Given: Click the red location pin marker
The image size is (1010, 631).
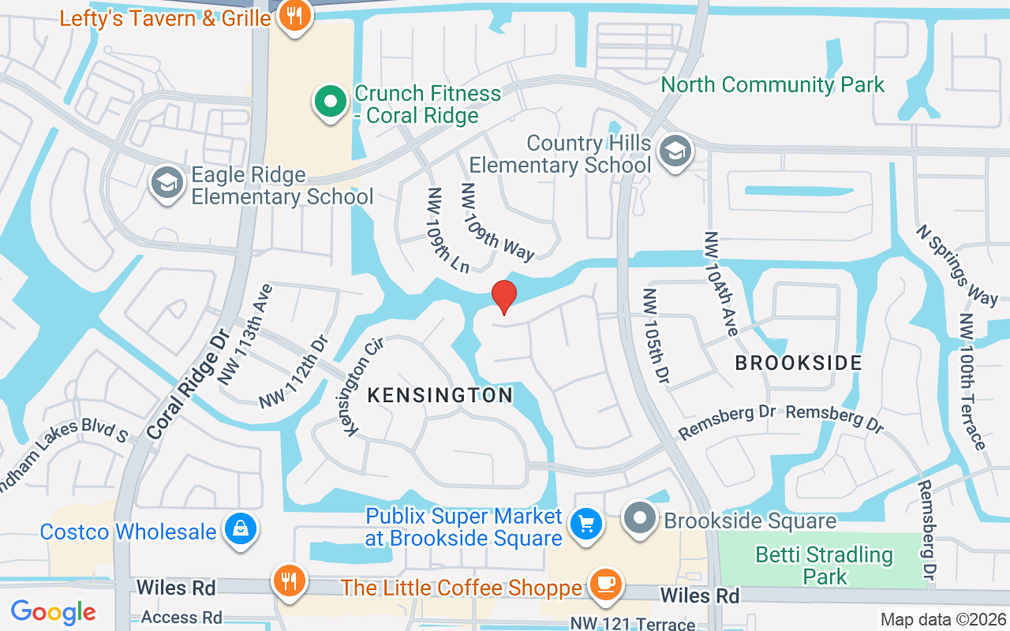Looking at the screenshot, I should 503,297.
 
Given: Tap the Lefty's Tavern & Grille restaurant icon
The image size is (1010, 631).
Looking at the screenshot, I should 294,16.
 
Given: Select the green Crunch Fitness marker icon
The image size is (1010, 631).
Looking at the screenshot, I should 331,103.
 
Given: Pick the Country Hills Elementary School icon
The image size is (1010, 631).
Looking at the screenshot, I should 675,152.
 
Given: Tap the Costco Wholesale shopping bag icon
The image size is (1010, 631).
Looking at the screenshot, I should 238,530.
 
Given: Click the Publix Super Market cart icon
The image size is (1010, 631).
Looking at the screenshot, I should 585,523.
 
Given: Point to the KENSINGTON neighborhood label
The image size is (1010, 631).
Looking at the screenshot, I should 440,394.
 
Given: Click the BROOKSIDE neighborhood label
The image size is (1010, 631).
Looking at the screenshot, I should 799,363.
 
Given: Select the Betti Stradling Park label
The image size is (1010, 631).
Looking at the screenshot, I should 825,565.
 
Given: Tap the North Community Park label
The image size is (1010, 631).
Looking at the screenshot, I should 772,84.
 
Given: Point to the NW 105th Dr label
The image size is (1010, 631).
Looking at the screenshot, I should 656,336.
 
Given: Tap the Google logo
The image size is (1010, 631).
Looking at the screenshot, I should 53,611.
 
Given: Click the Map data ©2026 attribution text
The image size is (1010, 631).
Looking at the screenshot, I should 942,619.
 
